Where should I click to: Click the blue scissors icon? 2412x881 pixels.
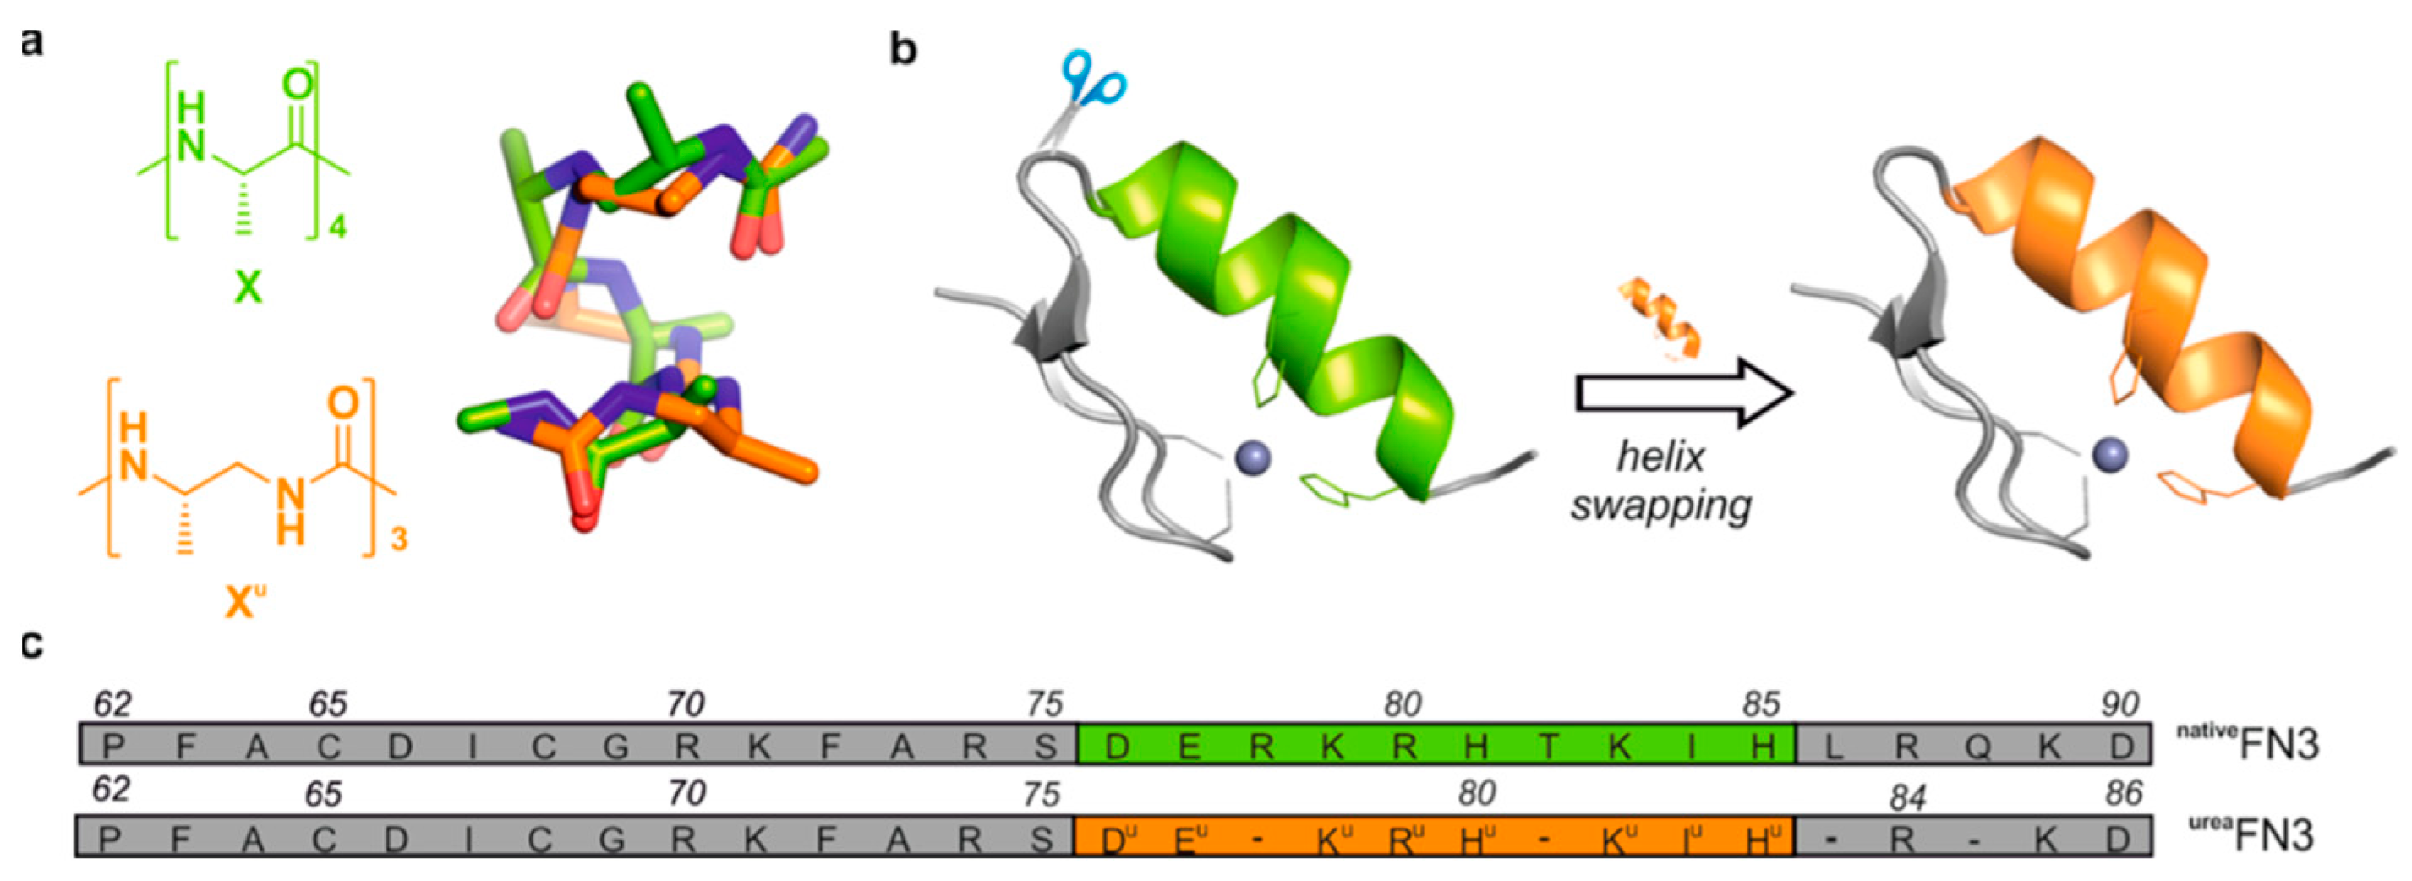tap(1092, 82)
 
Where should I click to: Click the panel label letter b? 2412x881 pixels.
tap(903, 49)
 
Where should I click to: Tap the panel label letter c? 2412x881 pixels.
tap(32, 645)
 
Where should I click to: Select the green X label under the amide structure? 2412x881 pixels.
tap(247, 287)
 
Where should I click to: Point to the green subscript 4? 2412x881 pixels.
tap(338, 225)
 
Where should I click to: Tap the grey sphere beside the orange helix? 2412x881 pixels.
tap(2108, 455)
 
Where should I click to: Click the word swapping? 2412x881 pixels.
tap(1661, 506)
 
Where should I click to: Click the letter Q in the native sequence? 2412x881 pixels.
tap(1977, 747)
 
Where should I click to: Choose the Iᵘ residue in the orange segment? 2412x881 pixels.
tap(1692, 838)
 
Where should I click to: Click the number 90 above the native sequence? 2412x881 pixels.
tap(2119, 704)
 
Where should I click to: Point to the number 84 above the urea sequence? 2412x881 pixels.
tap(1907, 797)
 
